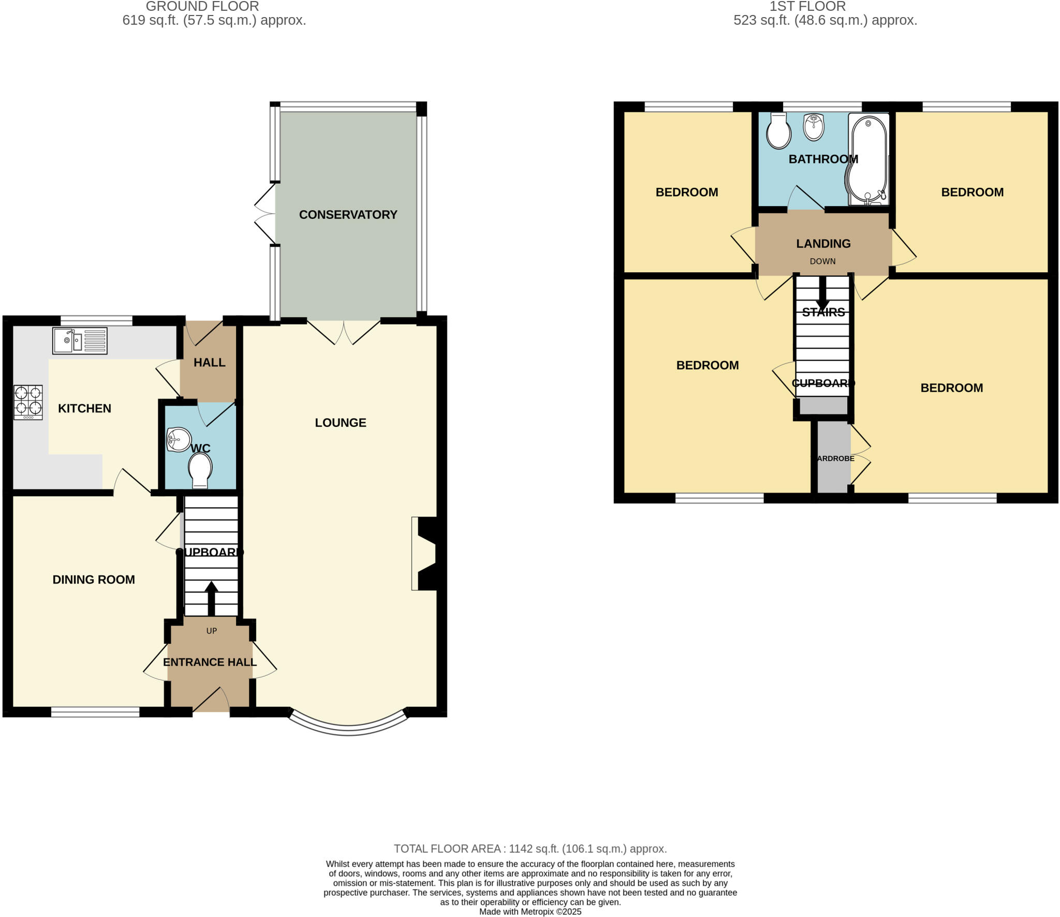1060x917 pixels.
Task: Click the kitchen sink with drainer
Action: point(80,341)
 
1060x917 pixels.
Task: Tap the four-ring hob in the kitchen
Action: point(28,402)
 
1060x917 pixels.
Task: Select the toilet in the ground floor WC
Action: point(200,469)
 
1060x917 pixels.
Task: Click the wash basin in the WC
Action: point(178,440)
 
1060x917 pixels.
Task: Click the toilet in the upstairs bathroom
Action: point(778,131)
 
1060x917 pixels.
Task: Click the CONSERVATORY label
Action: point(348,215)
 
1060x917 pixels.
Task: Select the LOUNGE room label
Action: point(340,423)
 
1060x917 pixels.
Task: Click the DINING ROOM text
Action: point(94,580)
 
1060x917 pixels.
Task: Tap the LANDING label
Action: point(823,243)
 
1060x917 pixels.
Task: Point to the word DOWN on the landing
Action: point(822,261)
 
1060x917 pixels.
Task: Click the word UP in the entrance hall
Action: point(211,631)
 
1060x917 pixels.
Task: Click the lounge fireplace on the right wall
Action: point(428,553)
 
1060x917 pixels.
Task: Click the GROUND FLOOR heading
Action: point(202,7)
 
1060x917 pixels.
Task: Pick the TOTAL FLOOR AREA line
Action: point(530,849)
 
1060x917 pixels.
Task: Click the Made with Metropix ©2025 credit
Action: point(530,912)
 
